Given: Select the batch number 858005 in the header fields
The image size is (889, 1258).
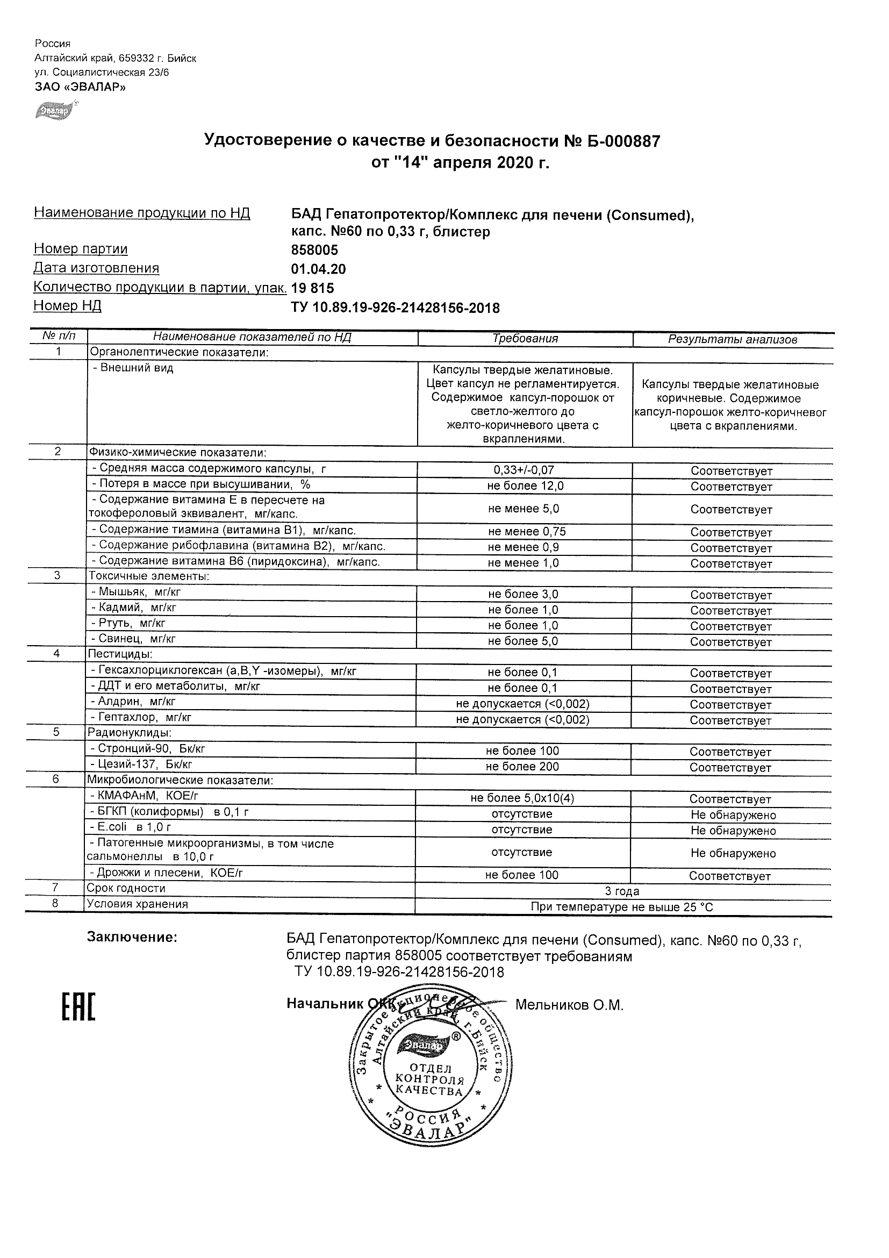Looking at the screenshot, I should point(314,251).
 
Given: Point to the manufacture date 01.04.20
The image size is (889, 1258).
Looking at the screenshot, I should point(318,269).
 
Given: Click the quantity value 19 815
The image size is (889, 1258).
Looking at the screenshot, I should point(312,288).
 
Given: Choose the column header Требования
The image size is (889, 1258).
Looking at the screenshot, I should point(525,339).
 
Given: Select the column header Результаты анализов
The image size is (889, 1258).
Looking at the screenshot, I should point(733,340).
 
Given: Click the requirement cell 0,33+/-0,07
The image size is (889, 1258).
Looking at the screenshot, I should point(524,470).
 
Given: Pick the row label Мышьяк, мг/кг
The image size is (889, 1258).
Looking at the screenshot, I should point(140,592).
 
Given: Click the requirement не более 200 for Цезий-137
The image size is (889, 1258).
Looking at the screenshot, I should point(522,767).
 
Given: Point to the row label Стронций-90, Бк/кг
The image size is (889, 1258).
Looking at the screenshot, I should point(150,748).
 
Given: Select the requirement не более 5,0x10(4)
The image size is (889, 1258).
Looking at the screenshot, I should point(522,798).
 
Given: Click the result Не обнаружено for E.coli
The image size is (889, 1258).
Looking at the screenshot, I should point(733,831).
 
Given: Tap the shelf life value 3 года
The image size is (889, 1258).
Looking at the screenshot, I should point(622,891).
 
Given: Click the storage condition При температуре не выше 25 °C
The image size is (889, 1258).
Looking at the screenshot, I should point(622,907).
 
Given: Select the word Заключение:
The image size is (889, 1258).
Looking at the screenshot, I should point(132,938).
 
